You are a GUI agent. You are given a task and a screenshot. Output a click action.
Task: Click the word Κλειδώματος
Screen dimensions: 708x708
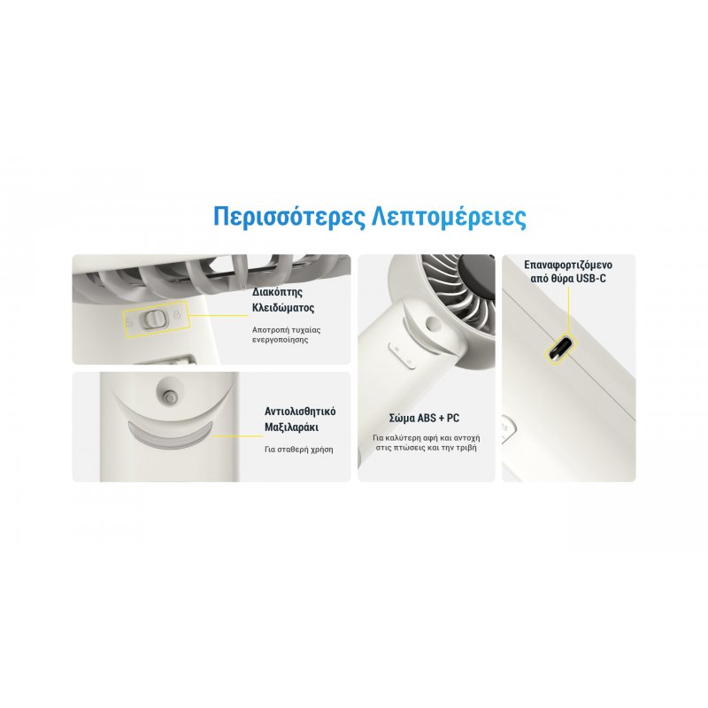pyautogui.click(x=283, y=309)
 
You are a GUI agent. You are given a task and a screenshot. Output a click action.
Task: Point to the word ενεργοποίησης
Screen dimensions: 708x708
pyautogui.click(x=280, y=339)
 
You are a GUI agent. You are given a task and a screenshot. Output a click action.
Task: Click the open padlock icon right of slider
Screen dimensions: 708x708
pyautogui.click(x=177, y=316)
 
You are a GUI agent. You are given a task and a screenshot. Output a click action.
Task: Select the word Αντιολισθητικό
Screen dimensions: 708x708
pyautogui.click(x=300, y=412)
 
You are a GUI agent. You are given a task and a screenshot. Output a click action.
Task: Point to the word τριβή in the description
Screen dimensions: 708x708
pyautogui.click(x=468, y=450)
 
